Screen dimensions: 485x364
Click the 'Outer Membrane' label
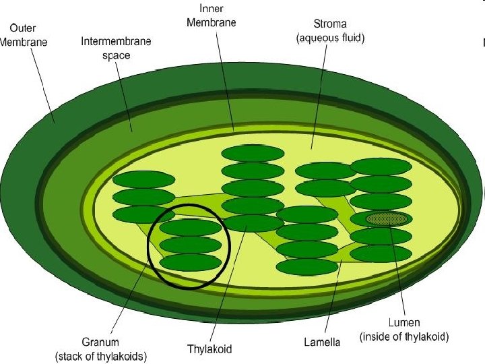(x=23, y=35)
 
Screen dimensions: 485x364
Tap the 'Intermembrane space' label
(x=116, y=49)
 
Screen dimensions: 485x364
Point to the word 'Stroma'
(x=330, y=25)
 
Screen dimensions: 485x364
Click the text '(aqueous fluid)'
(x=330, y=38)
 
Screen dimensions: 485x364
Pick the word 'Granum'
(x=100, y=343)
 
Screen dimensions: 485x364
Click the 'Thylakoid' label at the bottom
(x=209, y=349)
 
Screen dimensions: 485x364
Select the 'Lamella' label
(x=322, y=342)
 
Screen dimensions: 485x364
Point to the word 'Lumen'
(x=404, y=323)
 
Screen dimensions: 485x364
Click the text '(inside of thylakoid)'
(x=404, y=336)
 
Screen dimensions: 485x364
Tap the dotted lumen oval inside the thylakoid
(x=387, y=218)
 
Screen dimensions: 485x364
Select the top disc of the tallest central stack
(x=253, y=154)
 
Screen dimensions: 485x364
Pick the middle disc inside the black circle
(x=191, y=245)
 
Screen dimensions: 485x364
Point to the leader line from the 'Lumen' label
(x=397, y=270)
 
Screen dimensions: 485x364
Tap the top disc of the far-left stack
(x=143, y=180)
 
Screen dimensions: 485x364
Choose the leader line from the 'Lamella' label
(x=333, y=297)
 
